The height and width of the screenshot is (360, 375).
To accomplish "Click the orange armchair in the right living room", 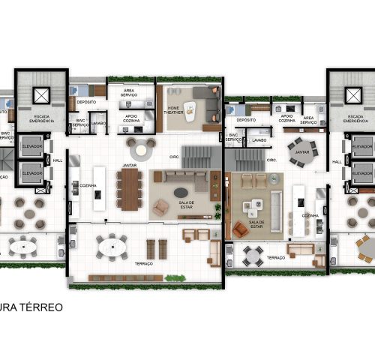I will [240, 229].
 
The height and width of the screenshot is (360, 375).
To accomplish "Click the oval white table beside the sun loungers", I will [112, 244].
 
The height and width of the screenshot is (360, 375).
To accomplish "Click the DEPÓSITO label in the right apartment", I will [246, 119].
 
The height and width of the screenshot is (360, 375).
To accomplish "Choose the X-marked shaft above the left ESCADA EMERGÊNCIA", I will [40, 94].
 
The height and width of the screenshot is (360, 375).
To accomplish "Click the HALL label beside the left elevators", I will [58, 160].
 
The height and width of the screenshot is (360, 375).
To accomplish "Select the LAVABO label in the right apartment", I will [259, 139].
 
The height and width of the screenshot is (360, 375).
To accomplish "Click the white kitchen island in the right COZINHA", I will [298, 200].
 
